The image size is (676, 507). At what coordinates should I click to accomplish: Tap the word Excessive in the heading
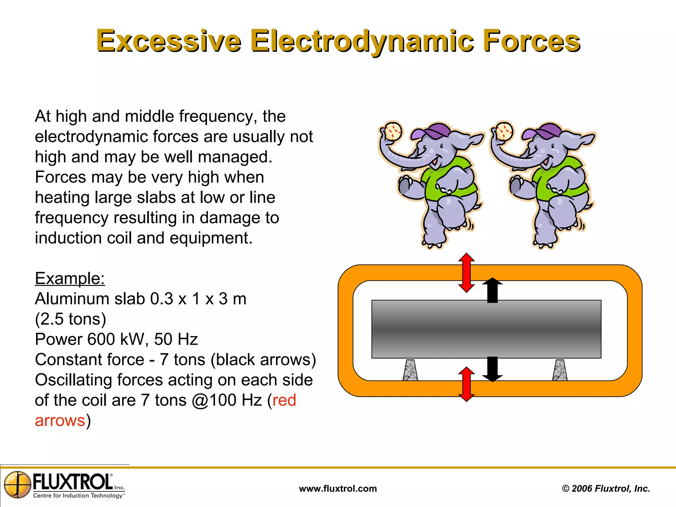169,41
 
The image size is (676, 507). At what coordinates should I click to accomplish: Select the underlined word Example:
70,278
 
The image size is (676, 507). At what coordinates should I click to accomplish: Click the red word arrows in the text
60,421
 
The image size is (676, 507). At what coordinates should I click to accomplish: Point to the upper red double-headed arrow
466,273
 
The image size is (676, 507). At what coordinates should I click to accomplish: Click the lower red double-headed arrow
466,384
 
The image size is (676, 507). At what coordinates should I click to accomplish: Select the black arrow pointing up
492,290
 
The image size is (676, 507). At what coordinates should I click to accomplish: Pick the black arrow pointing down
492,369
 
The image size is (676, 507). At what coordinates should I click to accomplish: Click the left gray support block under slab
410,370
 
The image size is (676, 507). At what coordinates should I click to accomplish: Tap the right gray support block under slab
560,370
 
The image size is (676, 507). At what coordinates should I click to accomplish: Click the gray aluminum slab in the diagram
486,329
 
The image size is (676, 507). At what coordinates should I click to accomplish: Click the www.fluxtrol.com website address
338,489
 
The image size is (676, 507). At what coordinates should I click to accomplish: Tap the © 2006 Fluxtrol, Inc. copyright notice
606,489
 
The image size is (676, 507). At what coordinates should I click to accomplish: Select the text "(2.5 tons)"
70,319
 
